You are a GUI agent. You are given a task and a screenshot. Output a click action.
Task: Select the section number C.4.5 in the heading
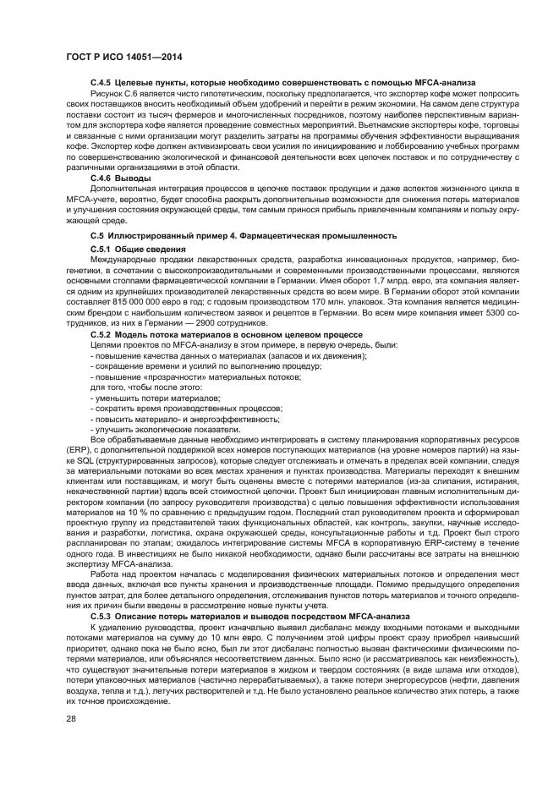[102, 81]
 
